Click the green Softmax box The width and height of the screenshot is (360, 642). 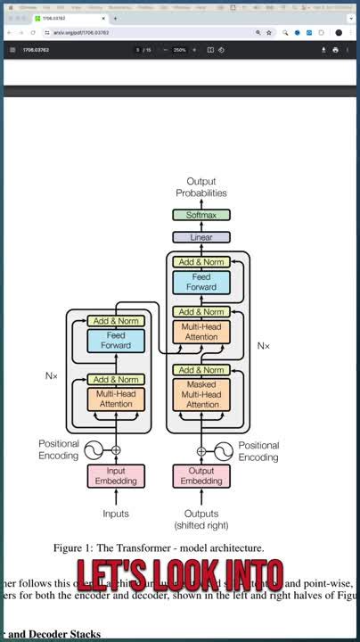click(201, 215)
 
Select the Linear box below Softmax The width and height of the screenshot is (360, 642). click(201, 237)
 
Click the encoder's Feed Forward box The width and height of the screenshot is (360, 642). click(116, 340)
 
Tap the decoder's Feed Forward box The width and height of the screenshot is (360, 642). click(201, 283)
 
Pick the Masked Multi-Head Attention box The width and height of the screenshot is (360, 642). click(201, 394)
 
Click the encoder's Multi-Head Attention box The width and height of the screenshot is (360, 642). click(116, 399)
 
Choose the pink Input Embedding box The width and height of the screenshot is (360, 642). click(116, 476)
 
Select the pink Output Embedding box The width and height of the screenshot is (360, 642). click(201, 476)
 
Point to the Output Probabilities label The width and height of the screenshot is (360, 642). click(201, 186)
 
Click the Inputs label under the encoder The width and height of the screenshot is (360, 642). click(116, 514)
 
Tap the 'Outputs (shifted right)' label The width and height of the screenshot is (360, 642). click(201, 519)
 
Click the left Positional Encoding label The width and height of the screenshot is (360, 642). click(59, 450)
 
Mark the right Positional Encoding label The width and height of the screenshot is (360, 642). click(258, 451)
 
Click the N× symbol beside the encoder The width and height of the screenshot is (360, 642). click(52, 376)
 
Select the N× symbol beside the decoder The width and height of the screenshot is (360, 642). click(264, 345)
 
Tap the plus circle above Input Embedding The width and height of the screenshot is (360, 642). click(116, 450)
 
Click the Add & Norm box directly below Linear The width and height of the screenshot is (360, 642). click(201, 262)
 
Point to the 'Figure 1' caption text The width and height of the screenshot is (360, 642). click(159, 547)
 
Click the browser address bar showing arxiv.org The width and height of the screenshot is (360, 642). click(143, 33)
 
